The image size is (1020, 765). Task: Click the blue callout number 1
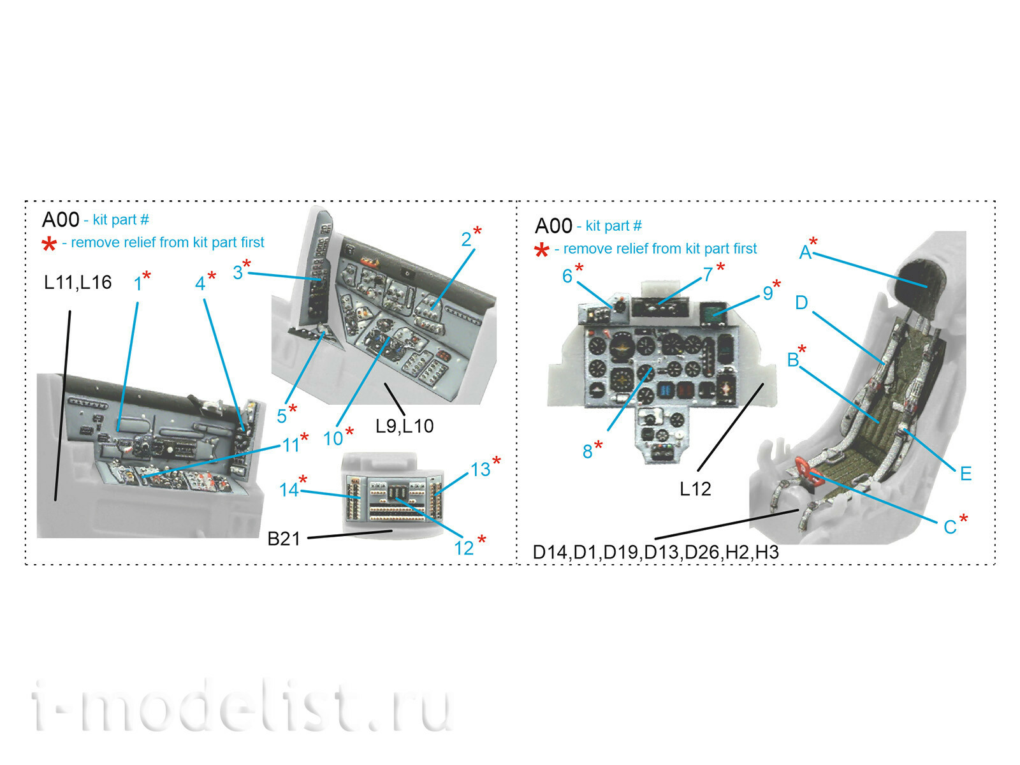point(138,283)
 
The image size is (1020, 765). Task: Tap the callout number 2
point(466,240)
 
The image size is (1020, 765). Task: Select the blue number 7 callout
point(708,275)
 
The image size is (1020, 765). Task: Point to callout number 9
point(768,293)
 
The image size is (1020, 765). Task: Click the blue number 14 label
point(289,490)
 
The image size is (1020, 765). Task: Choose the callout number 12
point(463,548)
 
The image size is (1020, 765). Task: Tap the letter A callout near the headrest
point(805,252)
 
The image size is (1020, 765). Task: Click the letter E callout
point(966,474)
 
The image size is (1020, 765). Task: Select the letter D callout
point(801,303)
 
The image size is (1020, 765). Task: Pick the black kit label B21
point(284,539)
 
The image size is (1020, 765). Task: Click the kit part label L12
point(695,488)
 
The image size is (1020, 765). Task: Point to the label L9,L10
point(404,426)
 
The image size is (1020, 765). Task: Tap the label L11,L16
point(78,282)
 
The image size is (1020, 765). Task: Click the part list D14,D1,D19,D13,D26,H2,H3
point(656,552)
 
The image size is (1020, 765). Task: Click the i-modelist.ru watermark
point(242,706)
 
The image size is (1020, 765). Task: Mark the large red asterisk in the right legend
point(541,251)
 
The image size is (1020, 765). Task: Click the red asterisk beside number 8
point(598,445)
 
